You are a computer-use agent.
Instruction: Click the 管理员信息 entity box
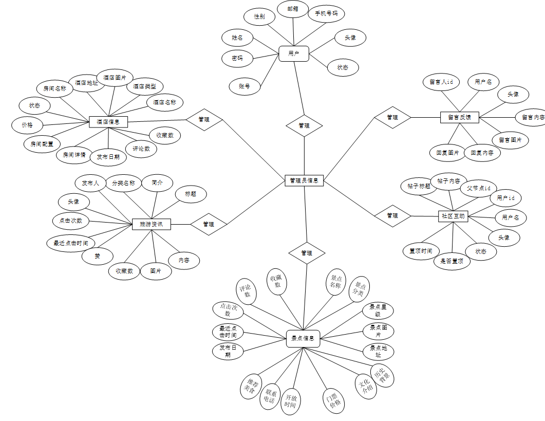tap(304, 180)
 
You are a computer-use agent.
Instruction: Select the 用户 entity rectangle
tap(294, 53)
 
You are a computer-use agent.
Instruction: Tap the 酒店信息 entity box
tap(108, 122)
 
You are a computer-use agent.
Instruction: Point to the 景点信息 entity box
tap(303, 338)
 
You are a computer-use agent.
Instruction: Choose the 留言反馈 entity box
tap(459, 117)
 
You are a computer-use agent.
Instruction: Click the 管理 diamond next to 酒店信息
tap(204, 119)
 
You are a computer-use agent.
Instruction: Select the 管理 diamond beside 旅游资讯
tap(209, 224)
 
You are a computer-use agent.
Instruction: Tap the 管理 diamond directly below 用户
tap(304, 125)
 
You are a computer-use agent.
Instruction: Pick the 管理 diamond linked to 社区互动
tap(392, 215)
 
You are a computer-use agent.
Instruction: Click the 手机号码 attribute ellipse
tap(326, 13)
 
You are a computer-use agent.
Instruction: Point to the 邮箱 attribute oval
tap(293, 9)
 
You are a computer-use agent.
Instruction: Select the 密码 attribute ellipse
tap(237, 58)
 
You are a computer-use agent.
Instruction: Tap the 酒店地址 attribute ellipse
tap(86, 82)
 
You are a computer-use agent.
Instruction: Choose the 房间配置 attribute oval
tap(39, 144)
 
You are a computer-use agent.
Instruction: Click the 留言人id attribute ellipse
tap(441, 82)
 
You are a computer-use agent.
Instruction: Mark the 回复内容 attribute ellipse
tap(482, 153)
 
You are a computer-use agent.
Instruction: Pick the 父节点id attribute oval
tap(478, 188)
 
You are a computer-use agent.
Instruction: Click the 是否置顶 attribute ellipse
tap(452, 261)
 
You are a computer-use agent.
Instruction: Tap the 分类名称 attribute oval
tap(123, 182)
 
